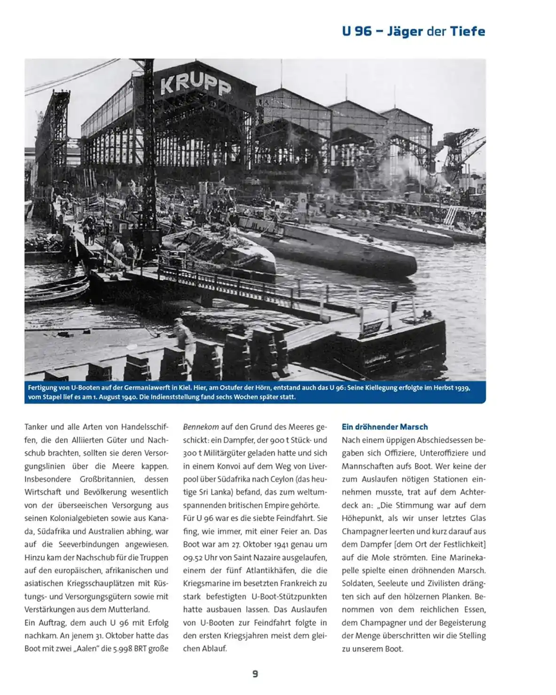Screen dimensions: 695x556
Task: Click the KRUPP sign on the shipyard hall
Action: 196,84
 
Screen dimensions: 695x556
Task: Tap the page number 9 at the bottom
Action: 255,674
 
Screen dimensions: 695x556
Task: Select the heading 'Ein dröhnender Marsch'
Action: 384,427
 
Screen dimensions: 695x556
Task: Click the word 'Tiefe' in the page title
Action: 467,31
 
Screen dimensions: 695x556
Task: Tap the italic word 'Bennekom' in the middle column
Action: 201,427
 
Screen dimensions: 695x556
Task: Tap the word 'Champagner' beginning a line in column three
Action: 365,531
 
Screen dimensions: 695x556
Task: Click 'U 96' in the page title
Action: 357,31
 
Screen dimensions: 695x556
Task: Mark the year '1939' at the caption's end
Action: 460,388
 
